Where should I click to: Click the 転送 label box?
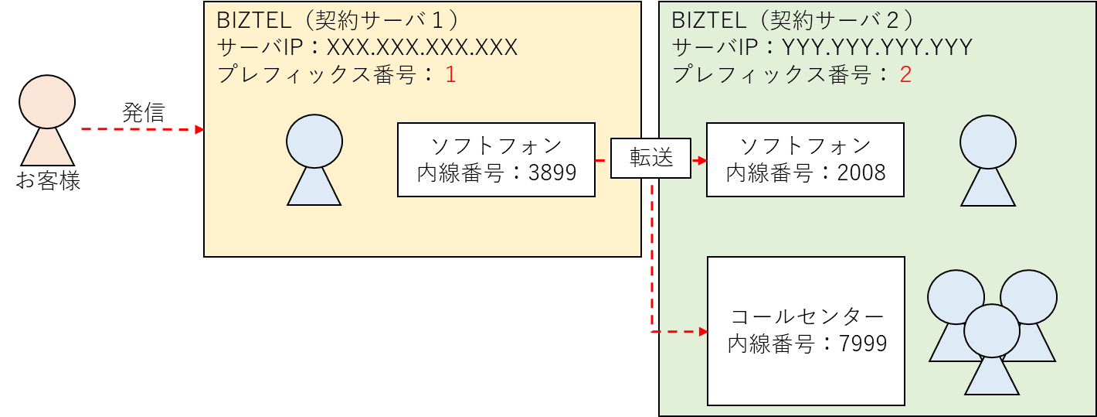point(651,159)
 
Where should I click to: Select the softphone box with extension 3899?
point(496,159)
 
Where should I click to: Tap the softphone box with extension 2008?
point(805,159)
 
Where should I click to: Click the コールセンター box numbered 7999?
point(806,331)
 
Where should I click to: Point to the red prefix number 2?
point(905,75)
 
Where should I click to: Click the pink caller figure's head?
point(47,102)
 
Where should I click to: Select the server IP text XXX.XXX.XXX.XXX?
point(422,48)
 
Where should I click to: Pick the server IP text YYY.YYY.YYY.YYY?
point(876,48)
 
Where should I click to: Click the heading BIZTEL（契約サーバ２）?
point(793,19)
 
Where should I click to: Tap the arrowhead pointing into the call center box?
point(703,332)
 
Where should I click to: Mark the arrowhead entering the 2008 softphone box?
point(702,160)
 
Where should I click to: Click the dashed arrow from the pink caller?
point(139,130)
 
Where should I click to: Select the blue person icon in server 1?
point(314,160)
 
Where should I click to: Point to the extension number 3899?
point(552,173)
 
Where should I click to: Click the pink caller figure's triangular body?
point(47,147)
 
